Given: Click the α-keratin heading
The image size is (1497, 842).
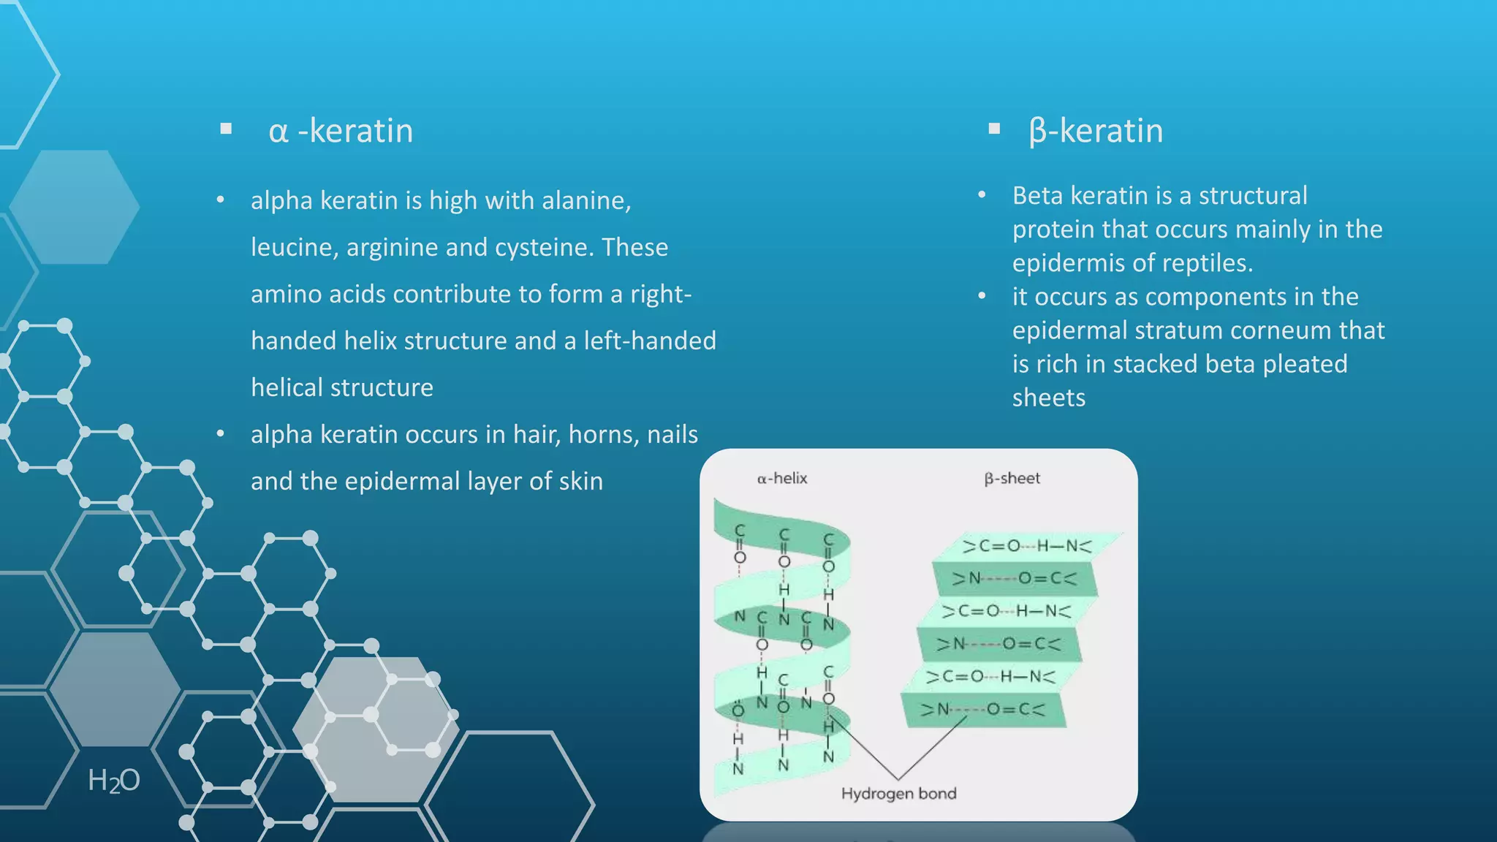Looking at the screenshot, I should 341,132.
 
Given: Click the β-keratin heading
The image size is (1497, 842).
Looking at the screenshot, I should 1095,132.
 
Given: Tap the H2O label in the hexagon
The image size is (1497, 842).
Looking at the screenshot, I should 114,781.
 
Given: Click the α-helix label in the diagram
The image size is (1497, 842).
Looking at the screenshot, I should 782,479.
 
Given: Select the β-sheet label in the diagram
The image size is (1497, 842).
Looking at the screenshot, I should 1012,479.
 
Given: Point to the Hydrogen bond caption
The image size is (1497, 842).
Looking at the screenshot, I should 898,794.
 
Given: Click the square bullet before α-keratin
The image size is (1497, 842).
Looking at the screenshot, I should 226,129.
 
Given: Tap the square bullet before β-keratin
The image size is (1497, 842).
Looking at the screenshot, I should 993,129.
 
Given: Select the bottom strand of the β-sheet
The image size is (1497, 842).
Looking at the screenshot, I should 982,710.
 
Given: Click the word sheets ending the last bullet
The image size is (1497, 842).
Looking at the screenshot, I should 1048,398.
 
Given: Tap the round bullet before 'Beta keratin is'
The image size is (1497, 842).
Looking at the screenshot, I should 982,195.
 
